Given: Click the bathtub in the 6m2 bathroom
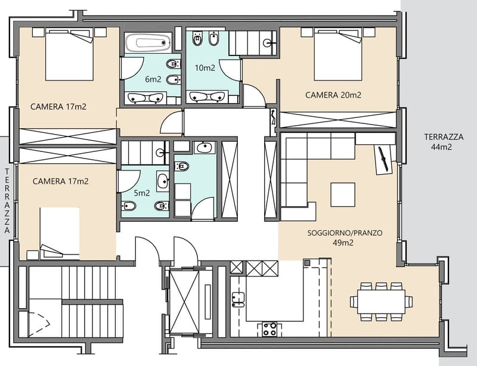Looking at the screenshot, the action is [x=148, y=42].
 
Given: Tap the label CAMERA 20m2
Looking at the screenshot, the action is [x=333, y=95].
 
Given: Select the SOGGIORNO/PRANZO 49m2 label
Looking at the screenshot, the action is [x=345, y=238].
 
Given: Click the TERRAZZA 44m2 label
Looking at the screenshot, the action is [x=444, y=142].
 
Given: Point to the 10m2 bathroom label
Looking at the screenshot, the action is [x=205, y=67].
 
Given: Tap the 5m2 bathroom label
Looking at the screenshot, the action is [x=142, y=193].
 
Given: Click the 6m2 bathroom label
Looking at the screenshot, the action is [x=153, y=79].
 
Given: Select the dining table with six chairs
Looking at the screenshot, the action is [x=381, y=302].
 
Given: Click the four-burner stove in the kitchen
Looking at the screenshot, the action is [x=270, y=329].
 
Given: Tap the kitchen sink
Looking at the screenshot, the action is [x=238, y=299].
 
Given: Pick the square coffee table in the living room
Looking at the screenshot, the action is [x=343, y=195].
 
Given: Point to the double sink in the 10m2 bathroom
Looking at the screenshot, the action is [x=207, y=96].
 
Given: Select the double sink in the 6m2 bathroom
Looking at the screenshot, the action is [x=145, y=98].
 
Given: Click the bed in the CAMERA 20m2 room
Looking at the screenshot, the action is [x=338, y=54].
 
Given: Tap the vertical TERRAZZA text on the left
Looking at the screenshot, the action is [x=7, y=201].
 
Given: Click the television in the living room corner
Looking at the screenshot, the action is [x=383, y=160].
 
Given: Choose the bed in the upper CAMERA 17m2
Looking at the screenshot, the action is [x=69, y=54].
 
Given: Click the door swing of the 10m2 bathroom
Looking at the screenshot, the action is [x=230, y=70].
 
